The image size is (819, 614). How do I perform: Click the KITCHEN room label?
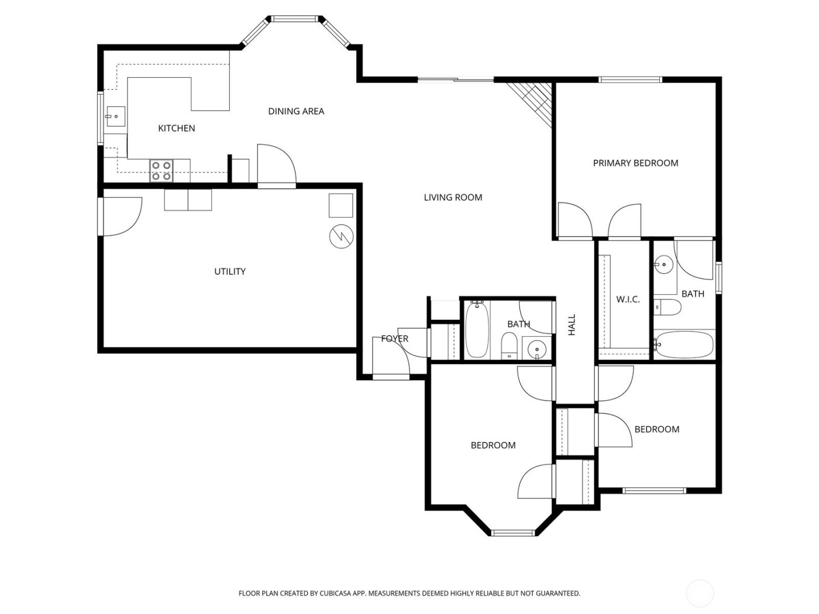[177, 128]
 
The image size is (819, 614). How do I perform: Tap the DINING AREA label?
[296, 111]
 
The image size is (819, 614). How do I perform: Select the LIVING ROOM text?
[453, 198]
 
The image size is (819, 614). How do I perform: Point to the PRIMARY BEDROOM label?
[635, 163]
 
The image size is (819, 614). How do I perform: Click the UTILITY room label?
[230, 271]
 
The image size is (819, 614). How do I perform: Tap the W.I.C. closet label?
[628, 299]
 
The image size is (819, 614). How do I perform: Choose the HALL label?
[572, 325]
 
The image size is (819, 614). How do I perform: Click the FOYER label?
[394, 339]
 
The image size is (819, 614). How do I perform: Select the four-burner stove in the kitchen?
[161, 170]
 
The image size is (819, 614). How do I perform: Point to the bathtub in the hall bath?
[476, 329]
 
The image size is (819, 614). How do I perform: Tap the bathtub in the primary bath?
[684, 344]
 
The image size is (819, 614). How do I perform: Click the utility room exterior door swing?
[122, 216]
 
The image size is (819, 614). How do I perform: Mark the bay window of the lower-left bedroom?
[513, 532]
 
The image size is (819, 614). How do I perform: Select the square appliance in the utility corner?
[340, 205]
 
